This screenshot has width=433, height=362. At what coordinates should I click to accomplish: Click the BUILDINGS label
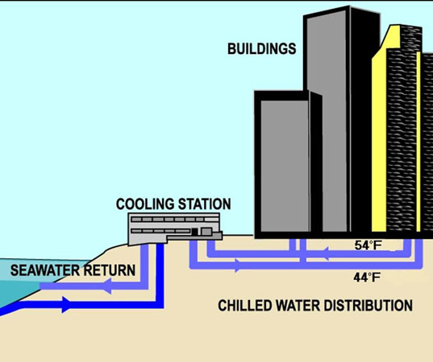click(x=261, y=49)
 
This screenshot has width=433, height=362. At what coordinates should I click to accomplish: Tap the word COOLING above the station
click(x=145, y=204)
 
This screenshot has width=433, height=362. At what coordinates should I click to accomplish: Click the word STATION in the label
click(x=204, y=204)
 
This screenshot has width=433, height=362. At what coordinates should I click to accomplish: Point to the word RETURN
click(x=110, y=270)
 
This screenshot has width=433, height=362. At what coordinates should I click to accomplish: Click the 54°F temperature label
click(x=368, y=245)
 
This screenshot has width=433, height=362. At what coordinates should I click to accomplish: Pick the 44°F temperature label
click(x=367, y=278)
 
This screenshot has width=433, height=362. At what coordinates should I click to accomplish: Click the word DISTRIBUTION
click(x=368, y=306)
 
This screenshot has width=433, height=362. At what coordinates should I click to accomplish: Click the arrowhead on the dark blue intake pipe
click(x=66, y=305)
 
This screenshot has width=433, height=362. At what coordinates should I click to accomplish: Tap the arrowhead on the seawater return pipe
click(x=107, y=286)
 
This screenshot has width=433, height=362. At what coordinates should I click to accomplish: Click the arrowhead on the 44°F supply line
click(x=239, y=265)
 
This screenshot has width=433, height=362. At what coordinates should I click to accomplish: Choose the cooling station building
click(x=175, y=228)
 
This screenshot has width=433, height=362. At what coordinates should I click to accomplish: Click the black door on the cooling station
click(x=194, y=232)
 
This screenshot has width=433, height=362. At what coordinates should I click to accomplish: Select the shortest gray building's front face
click(x=285, y=167)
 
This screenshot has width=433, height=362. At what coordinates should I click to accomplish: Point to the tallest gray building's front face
click(x=327, y=121)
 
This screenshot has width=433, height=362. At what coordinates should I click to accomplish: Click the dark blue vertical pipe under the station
click(x=160, y=272)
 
